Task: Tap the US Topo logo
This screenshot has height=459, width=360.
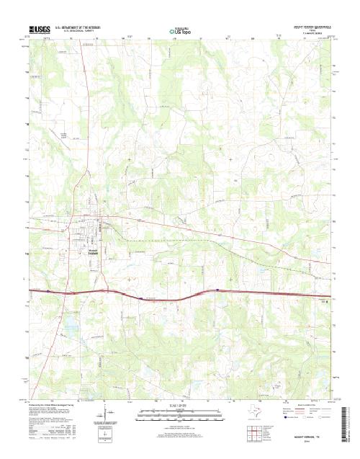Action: click(x=179, y=32)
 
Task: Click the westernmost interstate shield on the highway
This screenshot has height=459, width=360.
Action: click(x=48, y=291)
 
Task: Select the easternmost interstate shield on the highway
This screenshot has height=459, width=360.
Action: click(x=217, y=291)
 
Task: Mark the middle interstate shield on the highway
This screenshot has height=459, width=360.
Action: click(x=139, y=296)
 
